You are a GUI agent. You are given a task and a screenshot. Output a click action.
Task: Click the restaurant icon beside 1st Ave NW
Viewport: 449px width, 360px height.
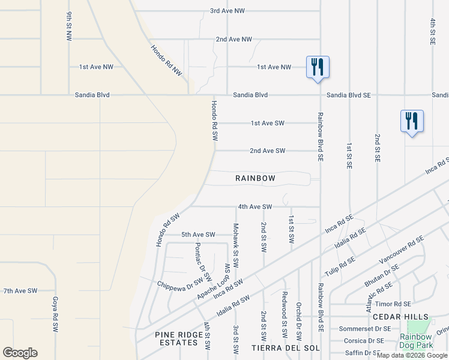[318, 67]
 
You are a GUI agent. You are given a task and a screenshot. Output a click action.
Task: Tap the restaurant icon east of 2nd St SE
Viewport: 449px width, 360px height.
[412, 121]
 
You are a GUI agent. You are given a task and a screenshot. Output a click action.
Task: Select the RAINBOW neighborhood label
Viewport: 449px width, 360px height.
[255, 178]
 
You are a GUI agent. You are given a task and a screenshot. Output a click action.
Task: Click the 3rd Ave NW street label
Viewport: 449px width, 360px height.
[227, 11]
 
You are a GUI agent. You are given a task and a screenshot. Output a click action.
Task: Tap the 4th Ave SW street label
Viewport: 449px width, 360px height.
[255, 206]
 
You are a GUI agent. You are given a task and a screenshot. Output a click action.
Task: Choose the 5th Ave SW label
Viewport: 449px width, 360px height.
[198, 235]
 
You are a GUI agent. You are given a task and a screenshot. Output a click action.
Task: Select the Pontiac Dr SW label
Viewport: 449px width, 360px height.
[203, 262]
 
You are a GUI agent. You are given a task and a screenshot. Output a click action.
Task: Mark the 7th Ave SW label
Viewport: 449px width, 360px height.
[20, 290]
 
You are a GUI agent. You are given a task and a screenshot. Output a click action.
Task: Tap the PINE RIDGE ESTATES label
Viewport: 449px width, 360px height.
[176, 338]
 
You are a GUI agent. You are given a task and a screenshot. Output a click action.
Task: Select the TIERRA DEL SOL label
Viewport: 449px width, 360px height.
[285, 348]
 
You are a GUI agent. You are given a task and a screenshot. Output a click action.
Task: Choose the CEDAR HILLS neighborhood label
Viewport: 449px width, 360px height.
[400, 317]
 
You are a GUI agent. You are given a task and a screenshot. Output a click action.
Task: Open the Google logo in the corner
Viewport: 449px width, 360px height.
[20, 353]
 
